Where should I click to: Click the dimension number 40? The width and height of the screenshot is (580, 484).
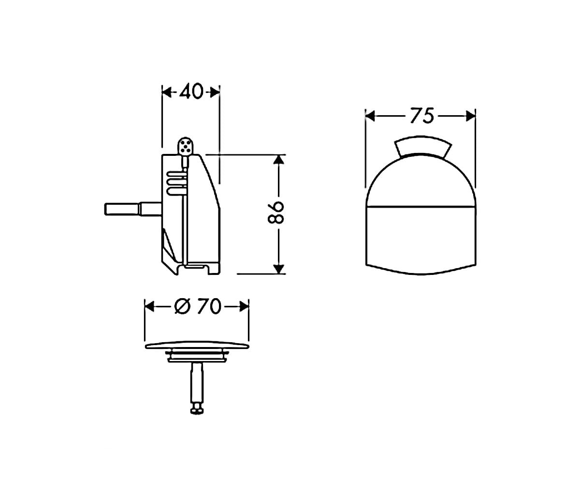click(x=191, y=91)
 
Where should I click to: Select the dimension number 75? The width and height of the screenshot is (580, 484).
click(x=421, y=116)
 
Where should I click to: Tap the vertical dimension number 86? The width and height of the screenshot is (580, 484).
click(x=276, y=213)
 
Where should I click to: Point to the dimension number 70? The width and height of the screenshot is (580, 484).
click(x=209, y=306)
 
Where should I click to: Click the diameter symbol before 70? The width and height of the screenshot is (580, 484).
click(x=183, y=306)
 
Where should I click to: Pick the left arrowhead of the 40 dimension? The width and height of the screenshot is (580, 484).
click(x=167, y=92)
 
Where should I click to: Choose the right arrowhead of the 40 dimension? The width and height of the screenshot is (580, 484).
click(x=215, y=92)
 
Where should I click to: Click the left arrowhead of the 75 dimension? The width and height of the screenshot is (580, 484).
click(x=370, y=116)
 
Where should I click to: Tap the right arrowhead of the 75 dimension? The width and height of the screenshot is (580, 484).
click(x=471, y=116)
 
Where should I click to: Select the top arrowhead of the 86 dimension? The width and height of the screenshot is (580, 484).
click(x=278, y=160)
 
